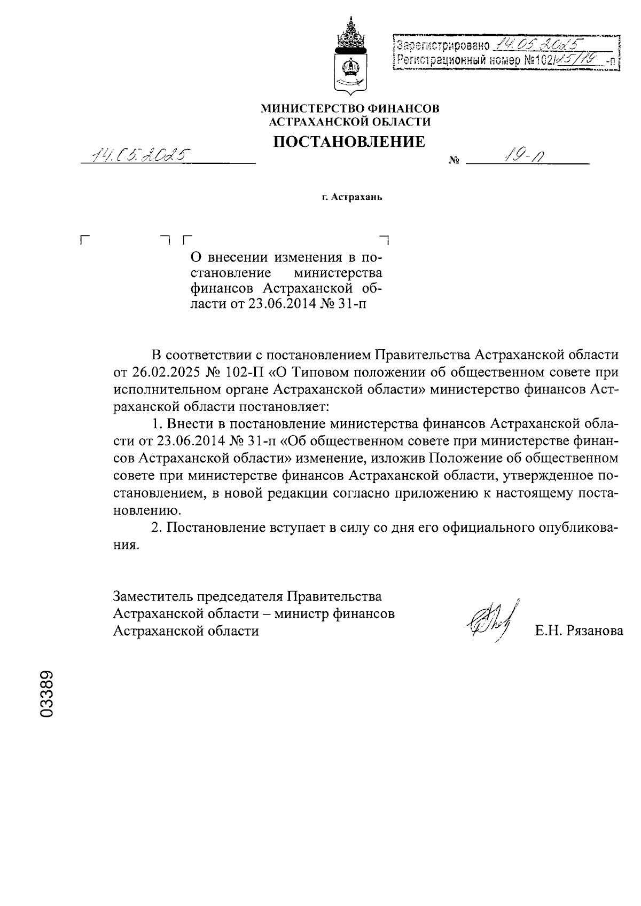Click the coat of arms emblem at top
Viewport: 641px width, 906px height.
(350, 56)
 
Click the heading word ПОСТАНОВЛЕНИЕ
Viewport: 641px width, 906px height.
(350, 142)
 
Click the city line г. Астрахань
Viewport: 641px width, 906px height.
(351, 198)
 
